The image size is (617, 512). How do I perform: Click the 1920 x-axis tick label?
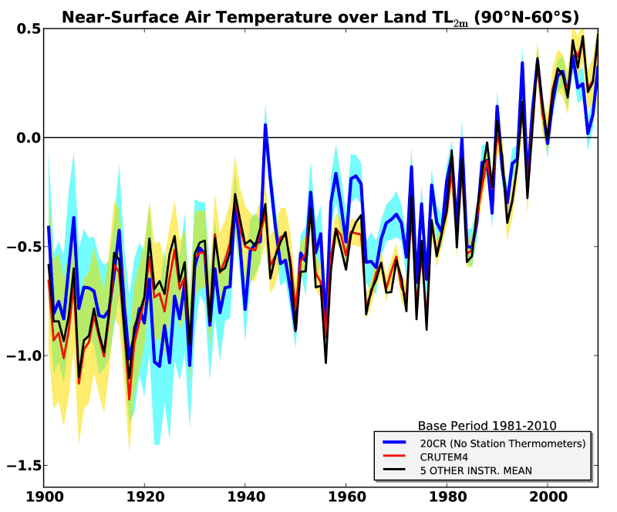pyautogui.click(x=144, y=500)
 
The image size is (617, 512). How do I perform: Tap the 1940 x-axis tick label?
pyautogui.click(x=245, y=500)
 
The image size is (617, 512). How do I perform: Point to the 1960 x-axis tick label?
pyautogui.click(x=346, y=500)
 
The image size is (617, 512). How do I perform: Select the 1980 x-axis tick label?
pyautogui.click(x=447, y=500)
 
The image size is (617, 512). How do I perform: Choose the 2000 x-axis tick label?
pyautogui.click(x=548, y=500)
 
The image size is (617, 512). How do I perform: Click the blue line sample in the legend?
pyautogui.click(x=400, y=443)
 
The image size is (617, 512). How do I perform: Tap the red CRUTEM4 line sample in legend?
pyautogui.click(x=400, y=456)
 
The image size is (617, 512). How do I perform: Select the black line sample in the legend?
pyautogui.click(x=400, y=470)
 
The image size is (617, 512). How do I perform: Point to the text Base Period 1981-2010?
pyautogui.click(x=487, y=425)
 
